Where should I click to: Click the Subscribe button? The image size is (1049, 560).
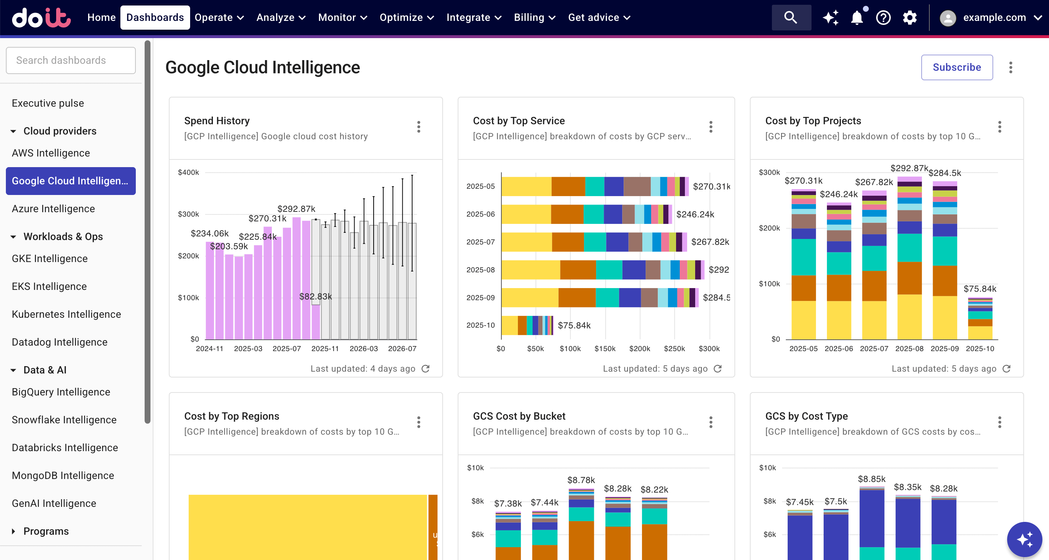tap(956, 67)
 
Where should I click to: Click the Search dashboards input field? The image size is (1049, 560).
tap(70, 60)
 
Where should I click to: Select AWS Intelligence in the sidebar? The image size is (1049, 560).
tap(51, 153)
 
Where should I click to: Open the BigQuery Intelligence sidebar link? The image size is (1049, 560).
tap(61, 392)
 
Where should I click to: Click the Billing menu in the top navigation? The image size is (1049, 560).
tap(534, 18)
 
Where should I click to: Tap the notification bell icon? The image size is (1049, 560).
tap(856, 18)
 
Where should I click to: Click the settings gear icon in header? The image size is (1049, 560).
tap(909, 18)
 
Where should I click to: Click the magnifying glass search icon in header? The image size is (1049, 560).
tap(790, 18)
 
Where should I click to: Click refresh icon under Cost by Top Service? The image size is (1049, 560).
tap(718, 368)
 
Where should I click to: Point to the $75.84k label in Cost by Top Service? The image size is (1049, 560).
tap(574, 325)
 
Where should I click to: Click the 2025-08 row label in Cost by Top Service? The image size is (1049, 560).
tap(480, 270)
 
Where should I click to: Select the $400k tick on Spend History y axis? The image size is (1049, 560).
tap(188, 172)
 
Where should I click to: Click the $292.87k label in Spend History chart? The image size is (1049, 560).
tap(296, 209)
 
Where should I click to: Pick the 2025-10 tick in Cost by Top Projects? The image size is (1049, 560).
tap(979, 349)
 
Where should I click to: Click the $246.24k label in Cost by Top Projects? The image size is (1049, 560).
tap(838, 194)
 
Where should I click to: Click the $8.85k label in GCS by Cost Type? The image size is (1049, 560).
tap(871, 479)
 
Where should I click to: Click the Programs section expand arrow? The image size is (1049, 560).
tap(14, 531)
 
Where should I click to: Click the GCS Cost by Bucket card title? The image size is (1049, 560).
tap(519, 416)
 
